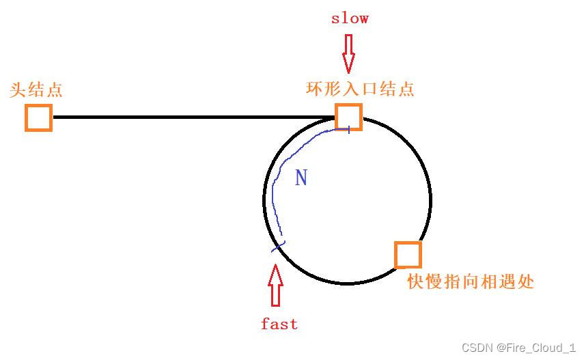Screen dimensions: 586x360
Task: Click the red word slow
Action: point(350,18)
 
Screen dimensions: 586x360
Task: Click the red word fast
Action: point(279,324)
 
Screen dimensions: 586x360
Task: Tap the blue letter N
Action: point(301,178)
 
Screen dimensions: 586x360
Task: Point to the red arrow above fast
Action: point(275,285)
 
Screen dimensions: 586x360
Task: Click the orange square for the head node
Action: point(38,117)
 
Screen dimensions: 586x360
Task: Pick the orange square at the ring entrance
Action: point(348,117)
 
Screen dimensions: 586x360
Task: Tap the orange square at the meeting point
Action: point(408,254)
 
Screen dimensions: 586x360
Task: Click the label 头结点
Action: point(36,89)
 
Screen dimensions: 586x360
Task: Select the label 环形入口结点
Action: point(360,89)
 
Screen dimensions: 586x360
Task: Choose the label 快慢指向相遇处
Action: point(471,281)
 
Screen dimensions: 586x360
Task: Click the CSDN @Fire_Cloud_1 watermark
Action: point(518,348)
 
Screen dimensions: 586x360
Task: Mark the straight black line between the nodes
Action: point(191,117)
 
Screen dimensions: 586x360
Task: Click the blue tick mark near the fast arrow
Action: point(278,247)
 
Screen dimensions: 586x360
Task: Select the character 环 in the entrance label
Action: point(314,89)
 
